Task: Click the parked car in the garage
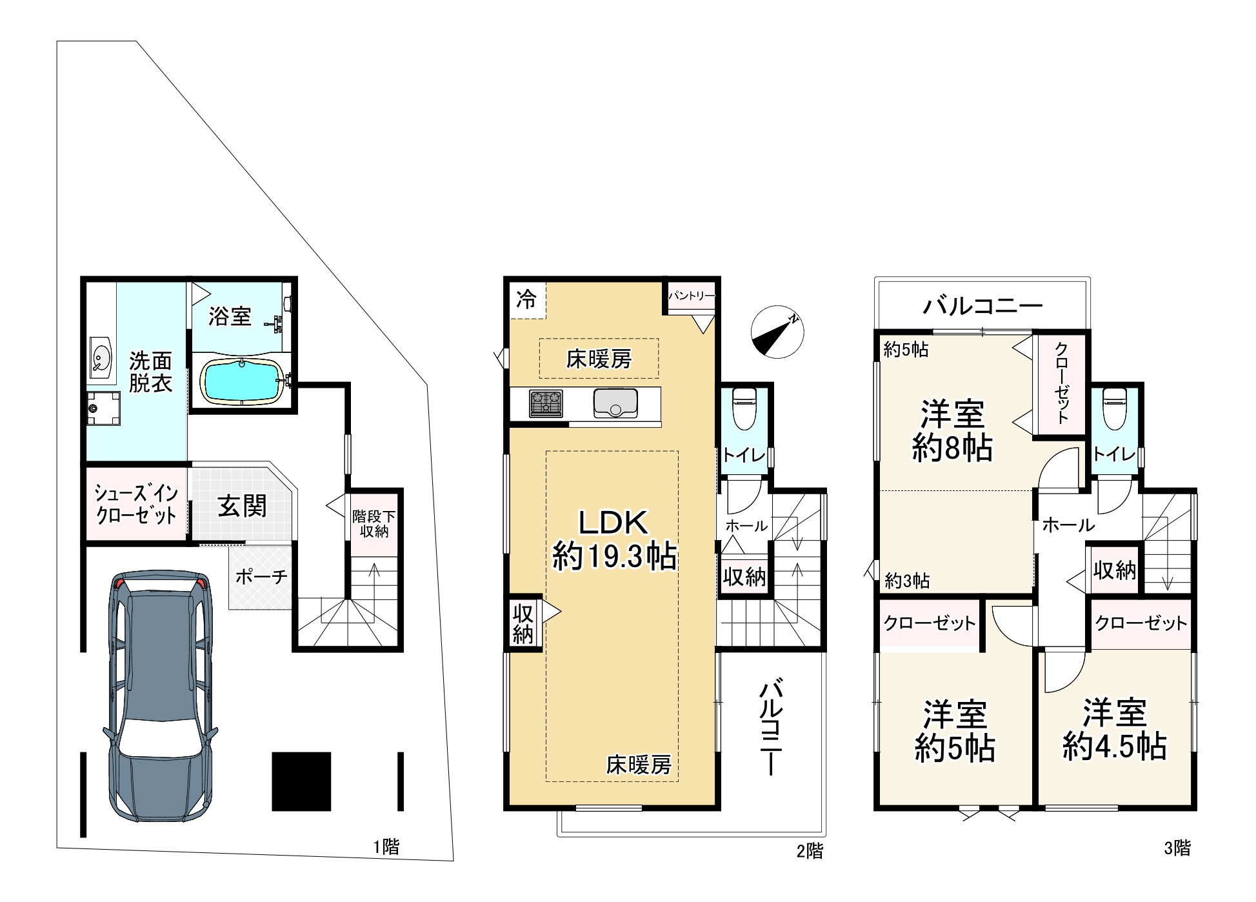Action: pos(161,696)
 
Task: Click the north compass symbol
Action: pos(777,332)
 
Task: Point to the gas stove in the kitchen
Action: pos(546,404)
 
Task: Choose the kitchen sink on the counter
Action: pos(615,403)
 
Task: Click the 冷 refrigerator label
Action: pos(526,299)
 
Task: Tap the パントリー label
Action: pos(692,296)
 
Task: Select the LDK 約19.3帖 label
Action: pos(613,539)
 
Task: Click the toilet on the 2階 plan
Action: pos(744,408)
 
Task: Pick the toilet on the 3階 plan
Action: pos(1115,408)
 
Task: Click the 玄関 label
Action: pos(242,506)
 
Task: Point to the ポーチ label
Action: pos(261,576)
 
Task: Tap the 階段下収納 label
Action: pos(374,524)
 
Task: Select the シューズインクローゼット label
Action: pos(136,504)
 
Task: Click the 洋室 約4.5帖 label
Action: pos(1114,729)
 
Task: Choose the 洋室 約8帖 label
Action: pos(952,430)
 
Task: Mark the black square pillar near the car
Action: pos(301,781)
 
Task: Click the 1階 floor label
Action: pos(386,847)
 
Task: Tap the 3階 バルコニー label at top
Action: pos(982,305)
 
